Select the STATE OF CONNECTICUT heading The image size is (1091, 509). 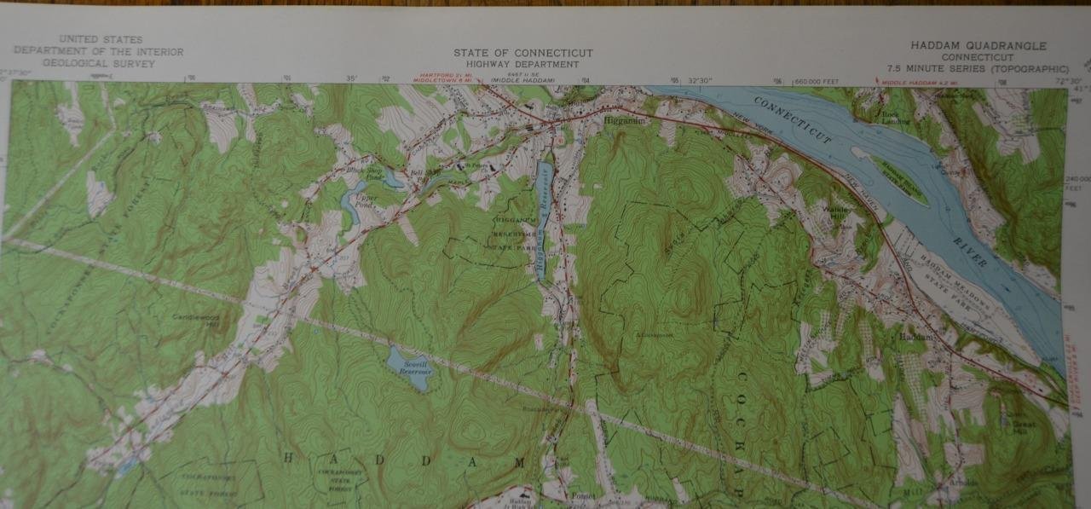click(522, 53)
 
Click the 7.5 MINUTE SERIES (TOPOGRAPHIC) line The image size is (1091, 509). click(977, 68)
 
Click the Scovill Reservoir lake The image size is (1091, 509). click(408, 366)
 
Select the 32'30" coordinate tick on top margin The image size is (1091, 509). click(701, 80)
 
